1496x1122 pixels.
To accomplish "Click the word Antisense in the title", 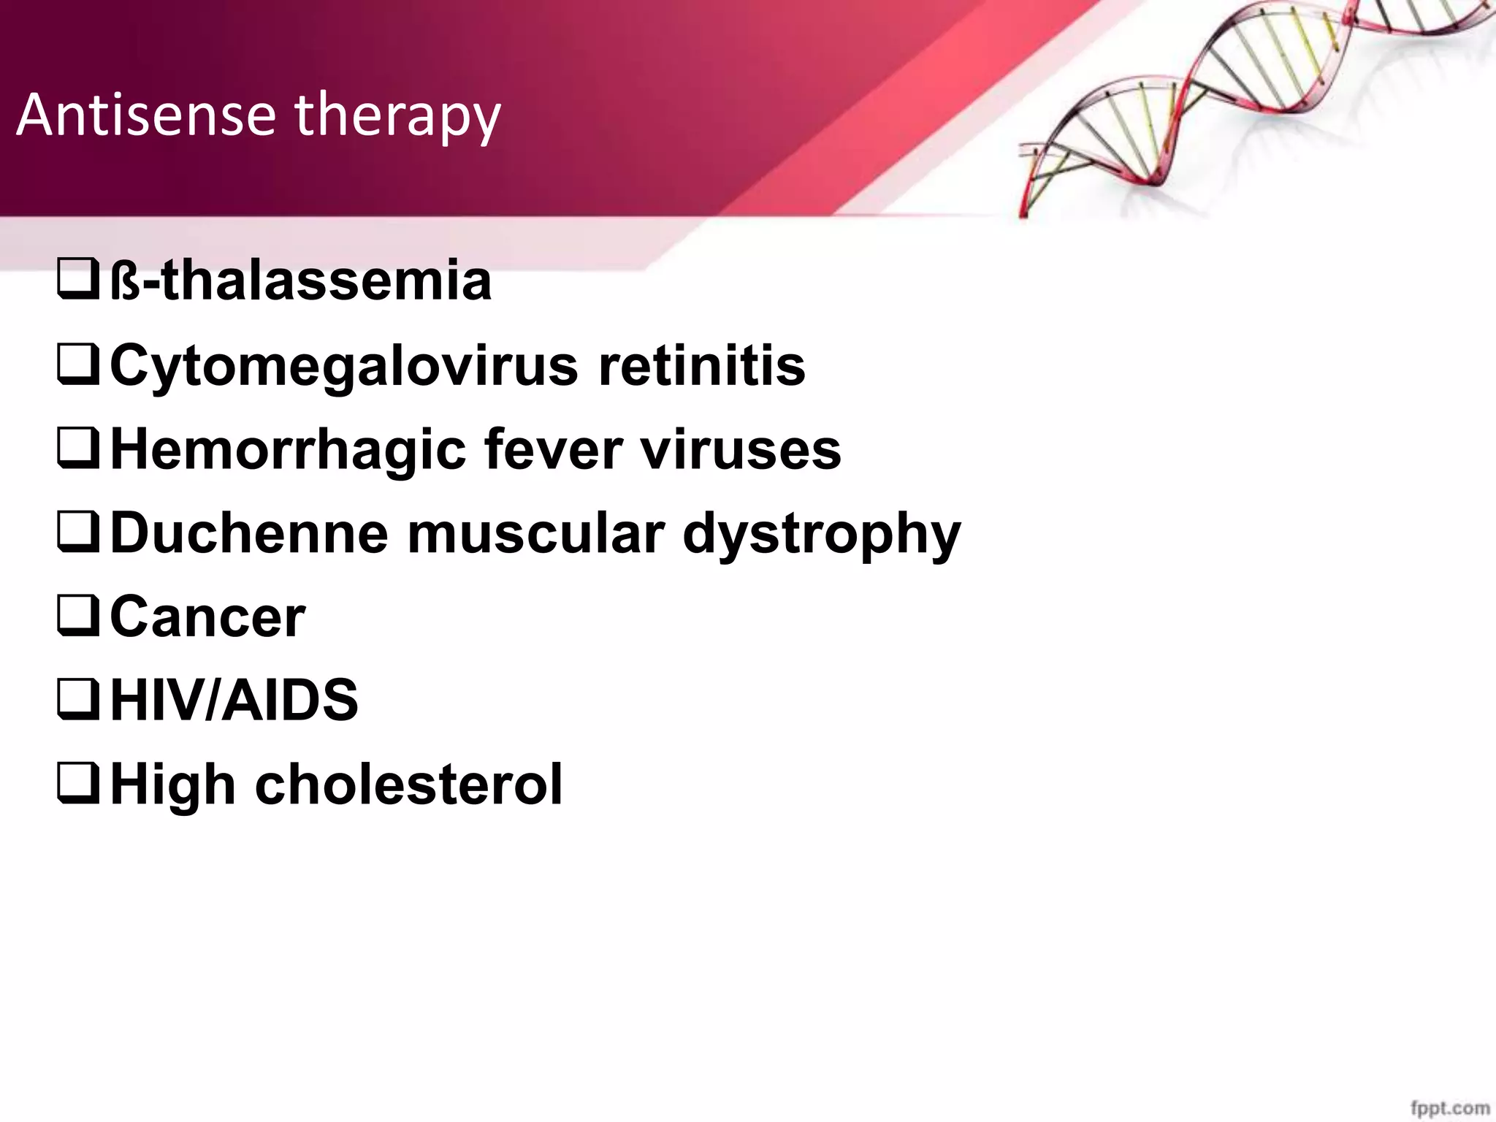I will [x=146, y=115].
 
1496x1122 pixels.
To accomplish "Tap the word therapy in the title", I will [x=397, y=117].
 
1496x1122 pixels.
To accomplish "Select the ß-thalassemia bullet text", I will [x=300, y=280].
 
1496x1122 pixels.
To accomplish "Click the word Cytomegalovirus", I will [x=343, y=367].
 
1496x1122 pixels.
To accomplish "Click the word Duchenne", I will [x=248, y=533].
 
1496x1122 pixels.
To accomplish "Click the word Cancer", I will [x=207, y=617].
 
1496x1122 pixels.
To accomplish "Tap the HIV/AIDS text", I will [x=234, y=700].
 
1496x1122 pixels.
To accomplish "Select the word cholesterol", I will [x=408, y=784].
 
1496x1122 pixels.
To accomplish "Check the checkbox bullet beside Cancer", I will [x=77, y=618].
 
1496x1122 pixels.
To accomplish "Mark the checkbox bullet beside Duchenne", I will [x=77, y=534].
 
